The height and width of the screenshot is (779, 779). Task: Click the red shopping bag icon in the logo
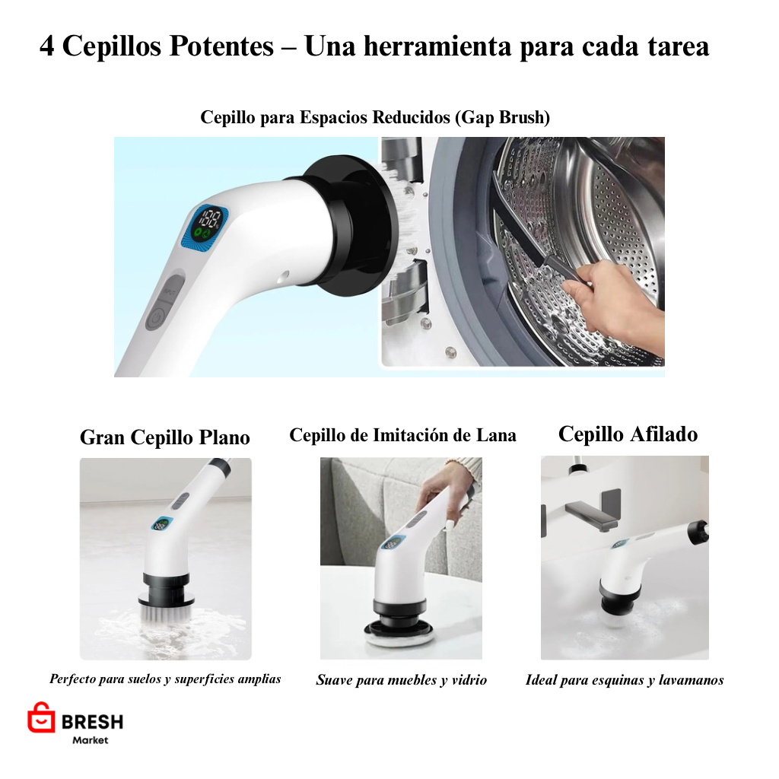pyautogui.click(x=41, y=717)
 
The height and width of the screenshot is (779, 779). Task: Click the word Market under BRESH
pyautogui.click(x=91, y=740)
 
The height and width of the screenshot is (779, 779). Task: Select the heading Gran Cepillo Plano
pyautogui.click(x=165, y=437)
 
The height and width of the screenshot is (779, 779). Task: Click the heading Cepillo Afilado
pyautogui.click(x=628, y=434)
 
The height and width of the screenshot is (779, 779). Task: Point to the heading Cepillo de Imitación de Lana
pyautogui.click(x=402, y=435)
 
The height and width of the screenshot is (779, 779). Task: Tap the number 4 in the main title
pyautogui.click(x=47, y=47)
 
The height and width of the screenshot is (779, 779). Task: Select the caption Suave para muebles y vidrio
pyautogui.click(x=401, y=680)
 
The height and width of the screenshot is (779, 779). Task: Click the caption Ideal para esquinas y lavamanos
pyautogui.click(x=624, y=680)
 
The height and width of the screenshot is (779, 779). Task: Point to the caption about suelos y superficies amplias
pyautogui.click(x=165, y=679)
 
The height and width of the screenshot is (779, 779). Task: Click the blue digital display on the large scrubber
pyautogui.click(x=205, y=226)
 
